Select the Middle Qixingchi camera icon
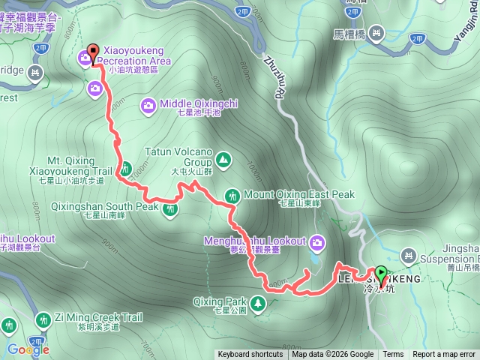click(x=148, y=104)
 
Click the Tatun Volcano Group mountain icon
click(x=223, y=159)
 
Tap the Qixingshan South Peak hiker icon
click(x=170, y=206)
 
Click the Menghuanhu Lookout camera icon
click(x=317, y=241)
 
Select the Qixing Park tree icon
click(x=258, y=303)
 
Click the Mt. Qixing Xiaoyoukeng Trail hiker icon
click(x=124, y=170)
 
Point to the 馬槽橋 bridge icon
click(x=376, y=33)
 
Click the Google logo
click(x=28, y=349)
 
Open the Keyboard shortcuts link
click(x=250, y=355)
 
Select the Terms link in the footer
click(x=393, y=355)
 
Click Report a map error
click(x=443, y=355)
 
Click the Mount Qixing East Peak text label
click(x=298, y=195)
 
